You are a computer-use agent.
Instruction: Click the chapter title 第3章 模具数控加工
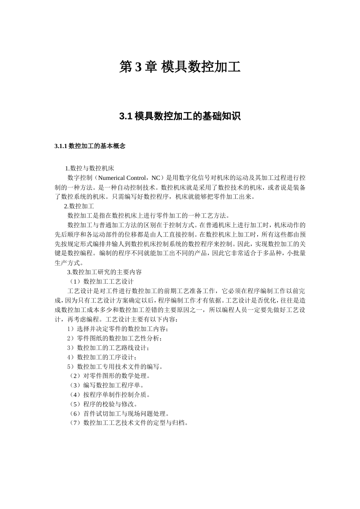tap(180, 67)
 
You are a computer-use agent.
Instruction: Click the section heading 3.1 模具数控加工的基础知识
tap(180, 116)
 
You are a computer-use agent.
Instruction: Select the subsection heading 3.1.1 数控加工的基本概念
tap(90, 146)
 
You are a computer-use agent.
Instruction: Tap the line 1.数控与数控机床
tap(89, 168)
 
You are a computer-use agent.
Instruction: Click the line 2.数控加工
tap(79, 206)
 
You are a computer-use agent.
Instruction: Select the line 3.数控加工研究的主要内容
tap(104, 272)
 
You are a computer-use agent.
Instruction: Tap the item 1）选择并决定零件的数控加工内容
tap(117, 329)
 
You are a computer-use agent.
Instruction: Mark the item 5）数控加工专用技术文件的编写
tap(115, 367)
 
